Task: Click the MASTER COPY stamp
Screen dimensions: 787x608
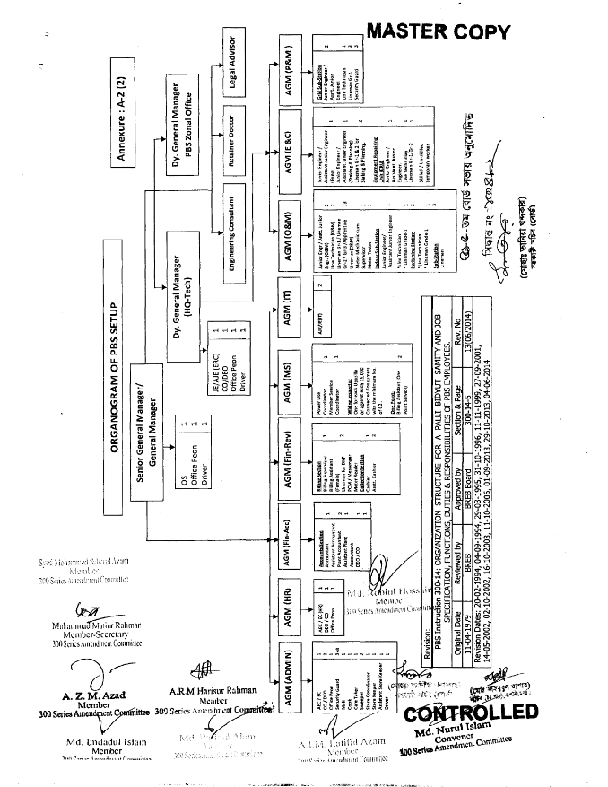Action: (439, 33)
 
